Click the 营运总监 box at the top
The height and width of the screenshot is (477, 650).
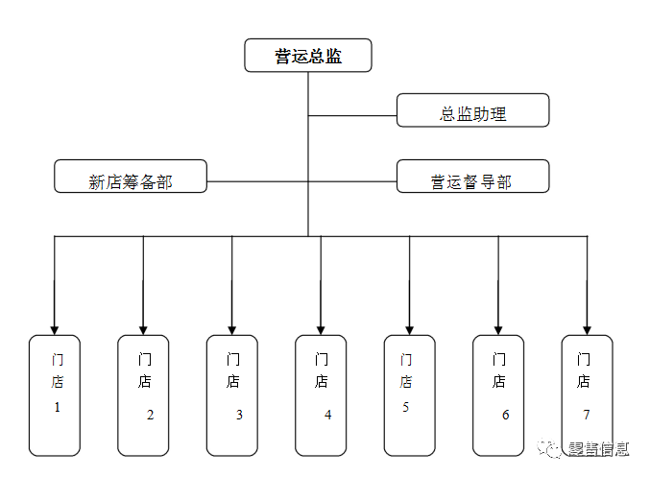tap(308, 56)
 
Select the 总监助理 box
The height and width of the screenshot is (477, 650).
tap(472, 110)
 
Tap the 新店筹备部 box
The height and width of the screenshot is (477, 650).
tap(131, 177)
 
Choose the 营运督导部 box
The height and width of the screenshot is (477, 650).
tap(472, 177)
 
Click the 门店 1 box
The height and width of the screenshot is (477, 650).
tap(55, 395)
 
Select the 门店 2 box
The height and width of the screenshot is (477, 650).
tap(143, 395)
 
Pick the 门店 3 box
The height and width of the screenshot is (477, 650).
tap(232, 395)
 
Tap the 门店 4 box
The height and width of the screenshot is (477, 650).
tap(321, 395)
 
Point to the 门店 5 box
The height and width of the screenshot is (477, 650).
tap(409, 395)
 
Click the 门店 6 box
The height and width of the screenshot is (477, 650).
tap(498, 395)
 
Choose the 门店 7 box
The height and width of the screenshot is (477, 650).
tap(587, 395)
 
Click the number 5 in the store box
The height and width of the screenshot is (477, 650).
tap(406, 407)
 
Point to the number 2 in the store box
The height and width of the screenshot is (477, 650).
tap(150, 416)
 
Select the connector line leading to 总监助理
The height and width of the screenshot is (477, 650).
tap(352, 116)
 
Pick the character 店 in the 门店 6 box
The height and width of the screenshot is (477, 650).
tap(499, 382)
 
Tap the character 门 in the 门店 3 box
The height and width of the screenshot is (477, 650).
tap(232, 360)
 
